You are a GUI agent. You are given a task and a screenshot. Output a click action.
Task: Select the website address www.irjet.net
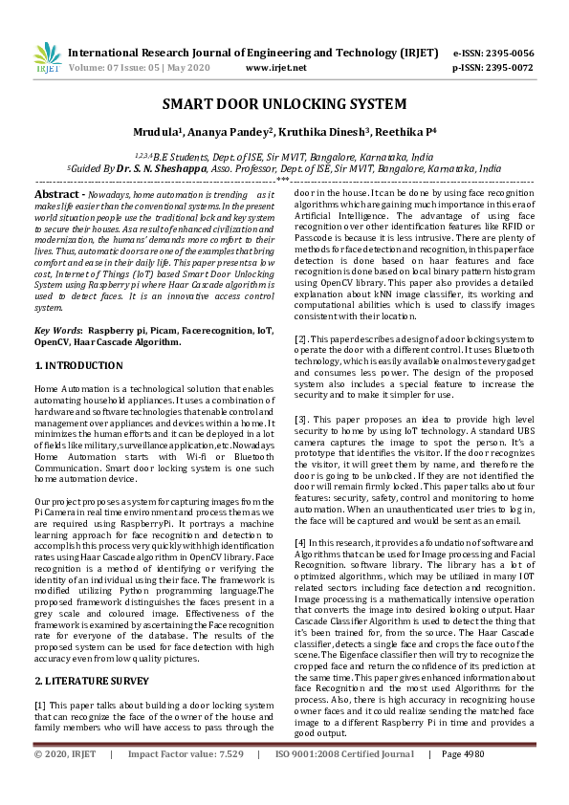click(x=276, y=68)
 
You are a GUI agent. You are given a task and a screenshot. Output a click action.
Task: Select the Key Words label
click(x=56, y=329)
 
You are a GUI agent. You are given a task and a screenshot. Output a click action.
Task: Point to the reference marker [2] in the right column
click(x=300, y=339)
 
